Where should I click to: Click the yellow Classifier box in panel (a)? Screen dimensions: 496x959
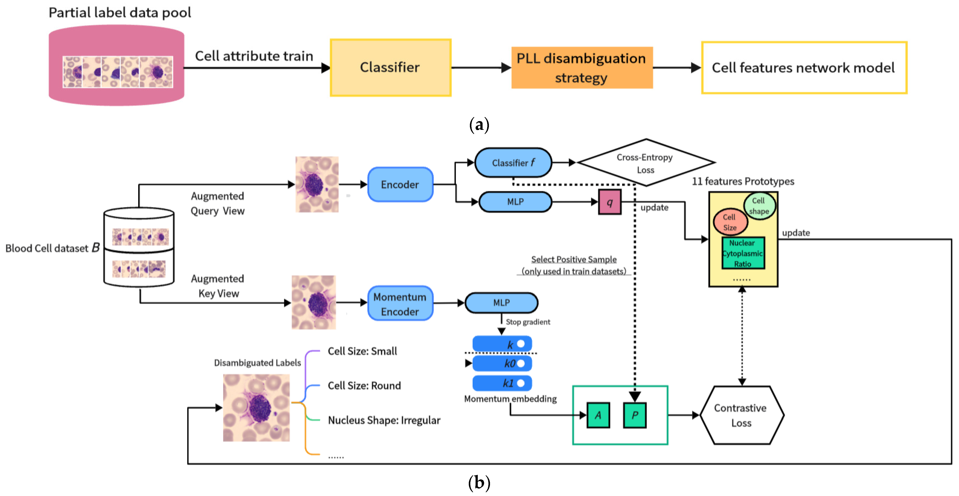pos(390,67)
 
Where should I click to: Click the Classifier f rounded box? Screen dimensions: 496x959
pos(513,163)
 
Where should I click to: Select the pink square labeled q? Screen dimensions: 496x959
pos(609,202)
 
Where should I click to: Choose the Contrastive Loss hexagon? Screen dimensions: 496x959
pos(741,415)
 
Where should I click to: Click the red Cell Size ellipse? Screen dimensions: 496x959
pos(730,222)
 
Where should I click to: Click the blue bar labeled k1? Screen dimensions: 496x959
pos(502,383)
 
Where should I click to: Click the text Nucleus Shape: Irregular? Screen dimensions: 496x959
pos(384,420)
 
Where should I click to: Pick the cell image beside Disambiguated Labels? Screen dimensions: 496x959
pos(256,408)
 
